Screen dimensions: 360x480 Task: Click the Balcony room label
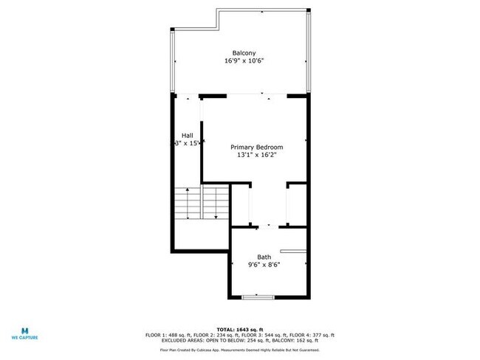pos(244,53)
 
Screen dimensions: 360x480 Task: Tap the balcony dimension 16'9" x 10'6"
pos(244,61)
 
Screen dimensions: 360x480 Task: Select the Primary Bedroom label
pos(256,148)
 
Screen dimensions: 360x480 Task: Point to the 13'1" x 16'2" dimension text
pos(256,156)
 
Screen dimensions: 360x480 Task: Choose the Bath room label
pos(264,257)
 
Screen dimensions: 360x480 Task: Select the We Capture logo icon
pos(24,330)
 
